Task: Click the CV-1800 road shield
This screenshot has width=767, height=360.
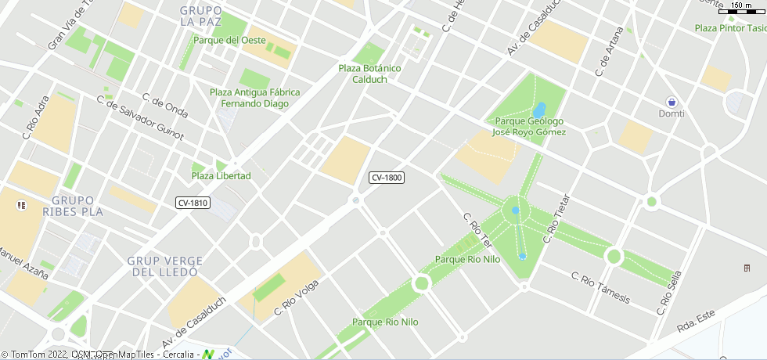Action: click(x=387, y=178)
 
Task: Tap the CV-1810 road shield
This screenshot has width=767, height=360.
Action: click(x=193, y=203)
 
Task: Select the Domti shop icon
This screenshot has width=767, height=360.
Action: click(x=672, y=102)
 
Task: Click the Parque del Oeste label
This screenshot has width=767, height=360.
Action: click(x=229, y=40)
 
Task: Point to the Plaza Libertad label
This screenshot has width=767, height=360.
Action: click(x=221, y=176)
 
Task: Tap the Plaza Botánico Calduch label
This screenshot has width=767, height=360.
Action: click(x=369, y=74)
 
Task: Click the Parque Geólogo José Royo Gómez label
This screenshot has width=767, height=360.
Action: click(x=528, y=127)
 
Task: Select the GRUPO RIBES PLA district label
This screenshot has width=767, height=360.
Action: click(x=73, y=206)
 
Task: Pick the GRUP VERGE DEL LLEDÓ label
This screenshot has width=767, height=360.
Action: click(x=165, y=266)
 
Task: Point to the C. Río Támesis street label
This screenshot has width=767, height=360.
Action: click(x=600, y=288)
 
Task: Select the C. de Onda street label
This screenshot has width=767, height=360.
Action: click(x=165, y=106)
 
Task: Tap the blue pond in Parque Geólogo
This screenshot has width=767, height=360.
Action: click(x=540, y=109)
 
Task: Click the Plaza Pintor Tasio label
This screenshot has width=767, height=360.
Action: click(x=730, y=28)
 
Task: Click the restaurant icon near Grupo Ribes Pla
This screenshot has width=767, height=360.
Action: click(x=20, y=204)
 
